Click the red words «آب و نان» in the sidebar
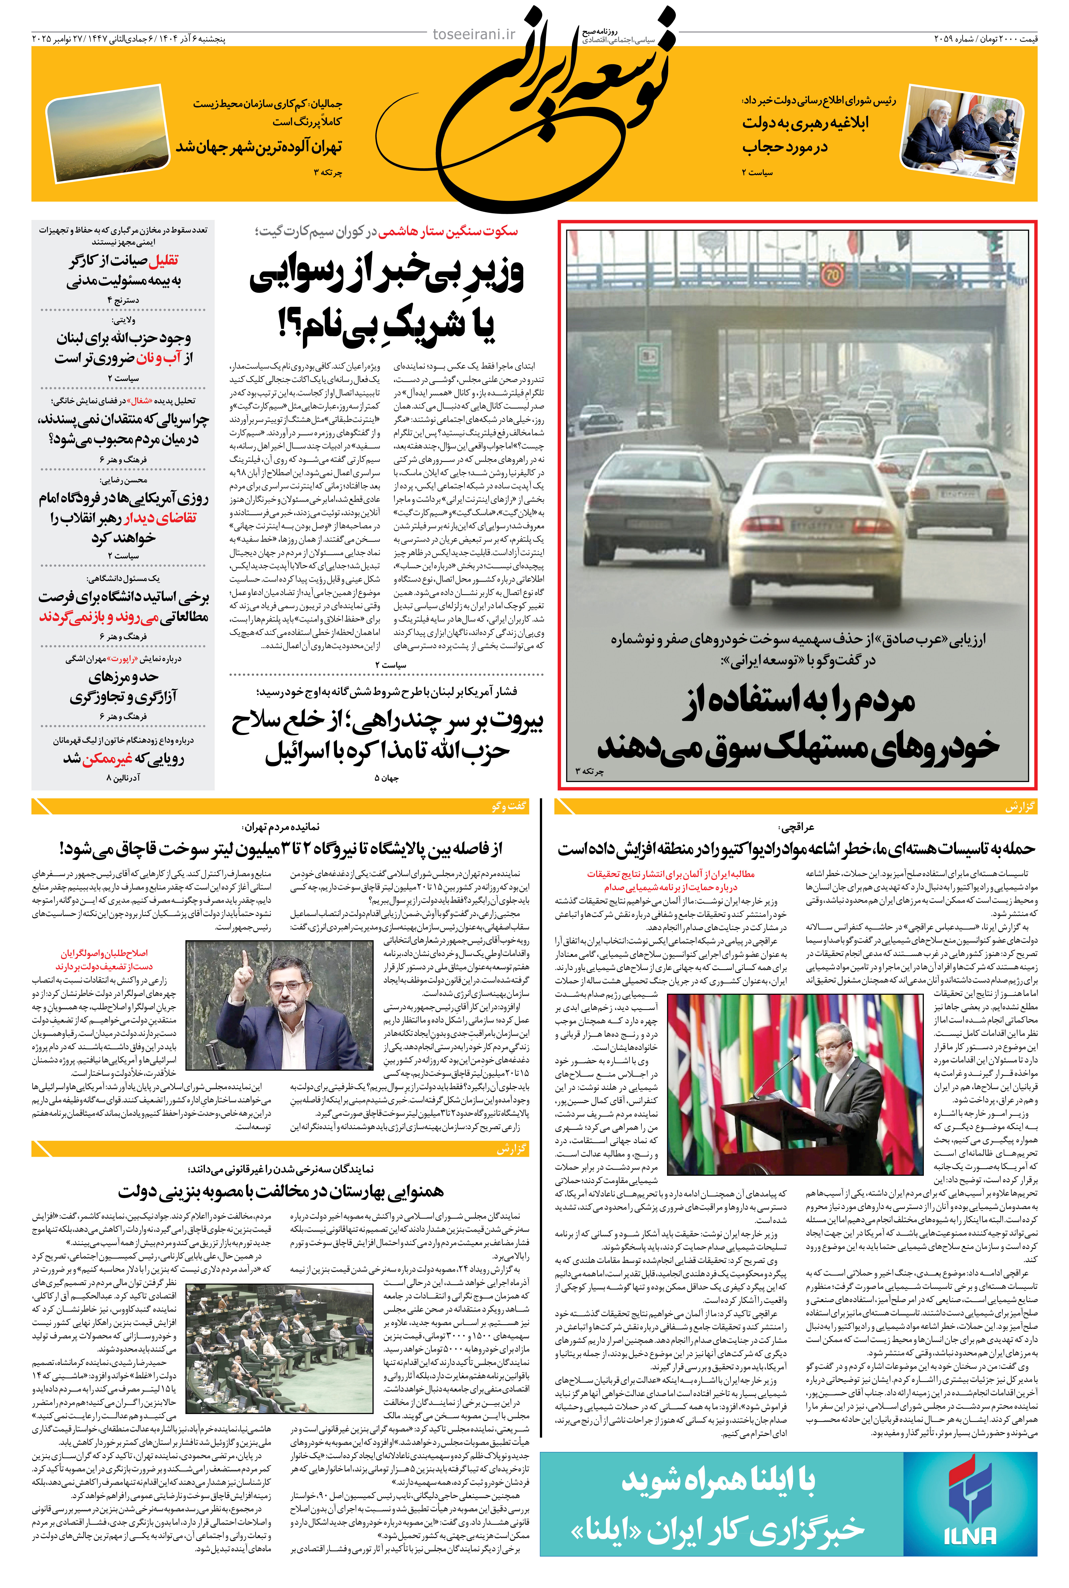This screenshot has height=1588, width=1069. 159,358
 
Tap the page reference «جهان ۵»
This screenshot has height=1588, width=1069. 387,778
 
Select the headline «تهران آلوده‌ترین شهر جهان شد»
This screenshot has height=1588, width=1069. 259,147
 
